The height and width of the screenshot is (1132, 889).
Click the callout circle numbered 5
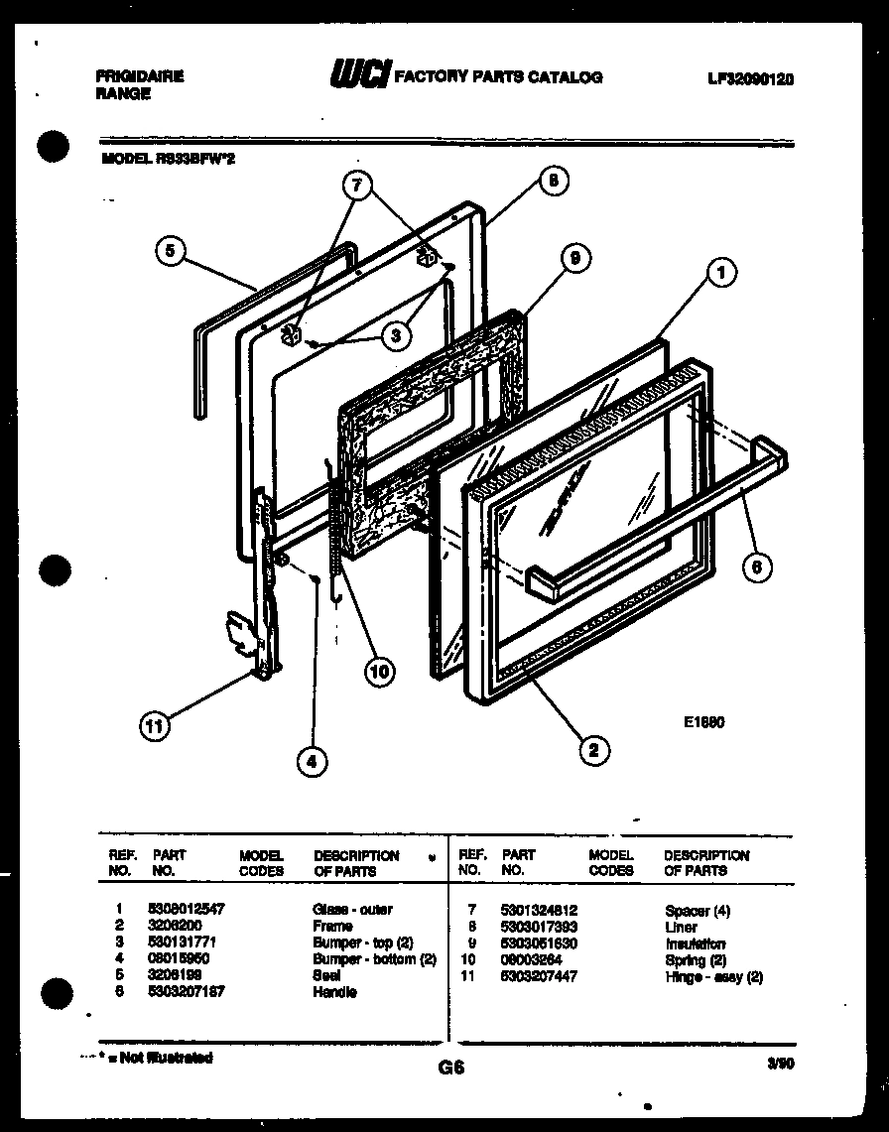click(172, 252)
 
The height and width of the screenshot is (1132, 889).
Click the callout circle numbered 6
click(756, 567)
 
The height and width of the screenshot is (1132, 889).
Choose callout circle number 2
click(593, 750)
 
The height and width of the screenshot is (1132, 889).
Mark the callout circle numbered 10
click(379, 671)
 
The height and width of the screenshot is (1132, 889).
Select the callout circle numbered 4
click(312, 761)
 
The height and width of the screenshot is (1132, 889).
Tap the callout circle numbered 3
click(396, 335)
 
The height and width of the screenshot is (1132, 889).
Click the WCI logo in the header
click(359, 75)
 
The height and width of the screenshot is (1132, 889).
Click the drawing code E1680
click(703, 722)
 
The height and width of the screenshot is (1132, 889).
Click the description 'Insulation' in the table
click(694, 943)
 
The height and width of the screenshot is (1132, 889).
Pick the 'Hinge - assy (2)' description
click(712, 976)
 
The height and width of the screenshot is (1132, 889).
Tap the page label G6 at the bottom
click(450, 1069)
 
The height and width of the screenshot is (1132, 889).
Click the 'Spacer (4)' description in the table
click(697, 910)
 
